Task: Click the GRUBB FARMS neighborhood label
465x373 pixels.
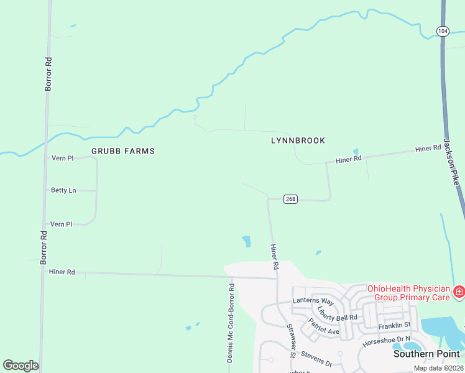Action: coord(123,151)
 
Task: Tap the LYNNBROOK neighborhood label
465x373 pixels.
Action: coord(298,140)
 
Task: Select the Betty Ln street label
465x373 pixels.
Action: coord(63,190)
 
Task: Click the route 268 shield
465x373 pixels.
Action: coord(290,199)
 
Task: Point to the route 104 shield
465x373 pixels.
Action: coord(442,30)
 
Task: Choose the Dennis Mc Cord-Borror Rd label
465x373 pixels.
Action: coord(230,323)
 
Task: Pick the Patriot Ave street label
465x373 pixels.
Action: coord(324,327)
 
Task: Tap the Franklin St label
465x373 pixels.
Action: coord(395,325)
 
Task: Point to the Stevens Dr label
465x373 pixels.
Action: coord(316,359)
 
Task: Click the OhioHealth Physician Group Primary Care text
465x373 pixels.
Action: coord(408,293)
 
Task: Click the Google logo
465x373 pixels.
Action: coord(21,366)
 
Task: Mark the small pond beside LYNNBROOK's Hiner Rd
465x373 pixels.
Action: coord(356,151)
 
